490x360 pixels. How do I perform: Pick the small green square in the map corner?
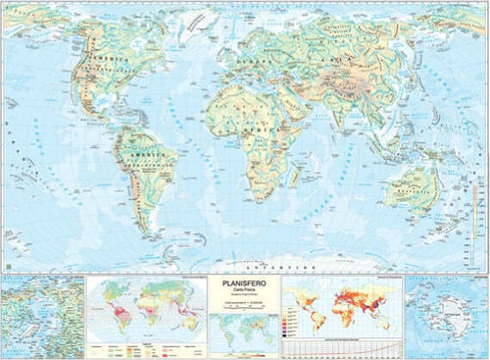6,266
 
